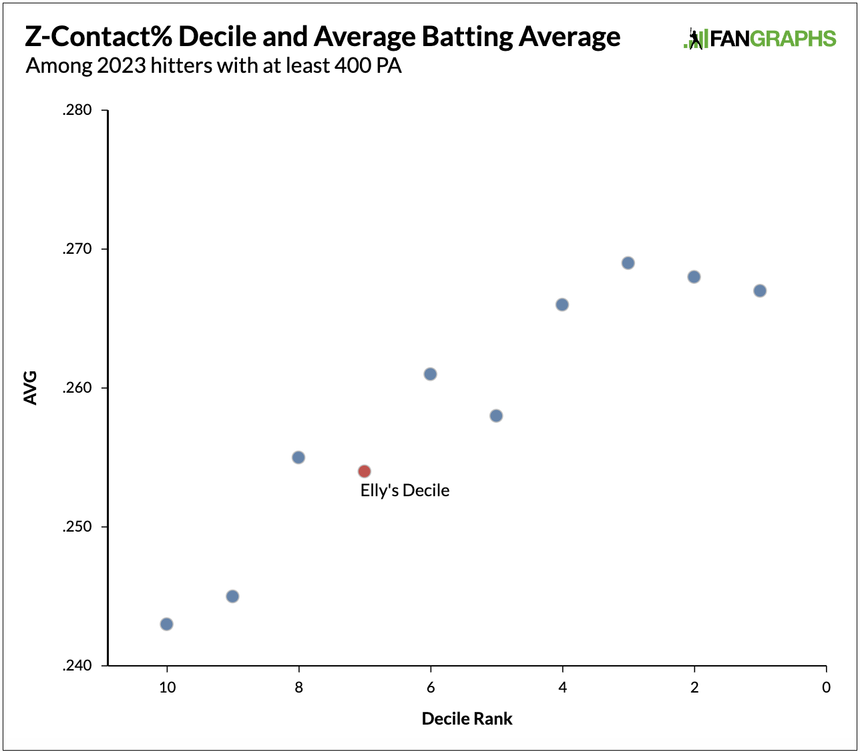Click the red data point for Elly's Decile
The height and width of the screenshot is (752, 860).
pyautogui.click(x=364, y=472)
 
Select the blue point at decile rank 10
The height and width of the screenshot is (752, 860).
pyautogui.click(x=167, y=624)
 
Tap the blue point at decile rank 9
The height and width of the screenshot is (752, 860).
pyautogui.click(x=232, y=596)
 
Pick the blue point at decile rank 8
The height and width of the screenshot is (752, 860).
pyautogui.click(x=298, y=457)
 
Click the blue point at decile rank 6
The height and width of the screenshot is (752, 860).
pyautogui.click(x=431, y=374)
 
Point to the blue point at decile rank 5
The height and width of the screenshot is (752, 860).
pyautogui.click(x=496, y=416)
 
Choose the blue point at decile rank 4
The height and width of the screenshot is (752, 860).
pyautogui.click(x=562, y=305)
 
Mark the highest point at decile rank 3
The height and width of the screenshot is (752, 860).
pyautogui.click(x=628, y=263)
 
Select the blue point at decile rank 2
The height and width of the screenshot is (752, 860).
pyautogui.click(x=694, y=277)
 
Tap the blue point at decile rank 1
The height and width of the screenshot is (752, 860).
pyautogui.click(x=760, y=291)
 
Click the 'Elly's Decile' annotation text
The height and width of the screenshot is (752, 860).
pyautogui.click(x=405, y=491)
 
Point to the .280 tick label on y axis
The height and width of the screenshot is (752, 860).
pyautogui.click(x=77, y=111)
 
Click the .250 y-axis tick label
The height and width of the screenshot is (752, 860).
pyautogui.click(x=77, y=527)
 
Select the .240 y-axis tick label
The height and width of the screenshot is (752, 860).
pyautogui.click(x=77, y=666)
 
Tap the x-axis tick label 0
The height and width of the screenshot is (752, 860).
pyautogui.click(x=827, y=688)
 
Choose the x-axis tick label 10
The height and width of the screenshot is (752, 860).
pyautogui.click(x=167, y=688)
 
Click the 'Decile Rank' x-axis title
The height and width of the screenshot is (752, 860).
pyautogui.click(x=467, y=719)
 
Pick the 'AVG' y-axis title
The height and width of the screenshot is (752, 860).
pyautogui.click(x=31, y=387)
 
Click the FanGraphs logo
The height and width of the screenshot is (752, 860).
pyautogui.click(x=760, y=38)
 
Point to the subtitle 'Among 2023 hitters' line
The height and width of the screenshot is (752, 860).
pyautogui.click(x=214, y=66)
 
